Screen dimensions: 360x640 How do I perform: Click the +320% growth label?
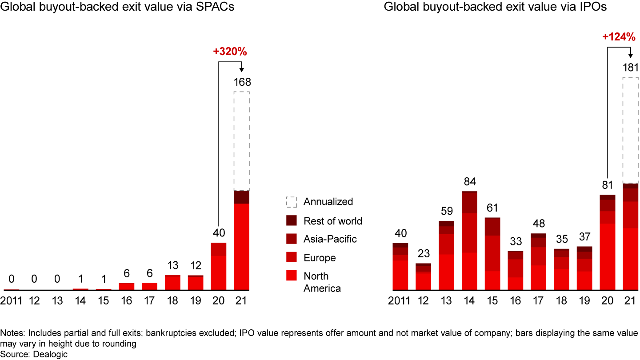pos(230,52)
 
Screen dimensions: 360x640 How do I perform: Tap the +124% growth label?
pos(619,38)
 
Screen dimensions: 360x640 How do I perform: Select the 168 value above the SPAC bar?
pos(242,82)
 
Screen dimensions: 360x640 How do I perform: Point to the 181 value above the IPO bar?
pos(630,68)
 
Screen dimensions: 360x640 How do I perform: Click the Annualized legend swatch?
pos(291,202)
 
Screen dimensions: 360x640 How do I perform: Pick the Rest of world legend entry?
pos(333,221)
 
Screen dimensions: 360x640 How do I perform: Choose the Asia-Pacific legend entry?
pos(330,239)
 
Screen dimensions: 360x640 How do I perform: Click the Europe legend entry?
pos(320,258)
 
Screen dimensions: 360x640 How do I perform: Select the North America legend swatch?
pos(291,276)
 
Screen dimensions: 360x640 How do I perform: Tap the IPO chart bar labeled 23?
pos(423,277)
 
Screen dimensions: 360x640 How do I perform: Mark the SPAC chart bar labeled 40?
pos(219,266)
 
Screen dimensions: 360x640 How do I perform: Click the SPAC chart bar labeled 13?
pos(172,283)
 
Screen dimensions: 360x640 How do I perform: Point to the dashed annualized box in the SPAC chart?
pos(242,141)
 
